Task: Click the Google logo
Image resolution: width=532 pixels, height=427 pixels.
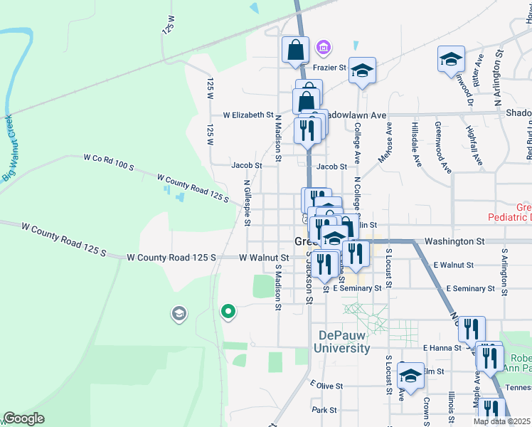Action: click(x=23, y=418)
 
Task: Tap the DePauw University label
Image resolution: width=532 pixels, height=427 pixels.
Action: click(x=344, y=342)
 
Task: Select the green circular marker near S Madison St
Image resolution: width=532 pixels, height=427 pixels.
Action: click(x=228, y=311)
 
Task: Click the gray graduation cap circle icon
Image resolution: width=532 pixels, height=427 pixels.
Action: click(x=179, y=312)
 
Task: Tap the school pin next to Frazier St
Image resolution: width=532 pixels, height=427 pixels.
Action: click(x=362, y=70)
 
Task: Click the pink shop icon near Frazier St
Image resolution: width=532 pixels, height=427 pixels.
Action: click(x=324, y=48)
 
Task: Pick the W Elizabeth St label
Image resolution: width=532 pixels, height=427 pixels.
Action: click(x=248, y=115)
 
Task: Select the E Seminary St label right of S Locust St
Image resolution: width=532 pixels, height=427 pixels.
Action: click(x=469, y=288)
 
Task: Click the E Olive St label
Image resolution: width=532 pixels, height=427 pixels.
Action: click(x=326, y=386)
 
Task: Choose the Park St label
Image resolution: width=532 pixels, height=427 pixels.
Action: click(x=324, y=410)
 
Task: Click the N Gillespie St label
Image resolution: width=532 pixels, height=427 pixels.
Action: click(x=247, y=203)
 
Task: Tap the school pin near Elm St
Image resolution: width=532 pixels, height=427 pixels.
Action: click(x=410, y=375)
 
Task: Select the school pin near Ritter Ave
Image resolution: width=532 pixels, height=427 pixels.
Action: click(x=451, y=60)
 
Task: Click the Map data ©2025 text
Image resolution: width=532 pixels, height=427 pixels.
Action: click(x=501, y=421)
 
